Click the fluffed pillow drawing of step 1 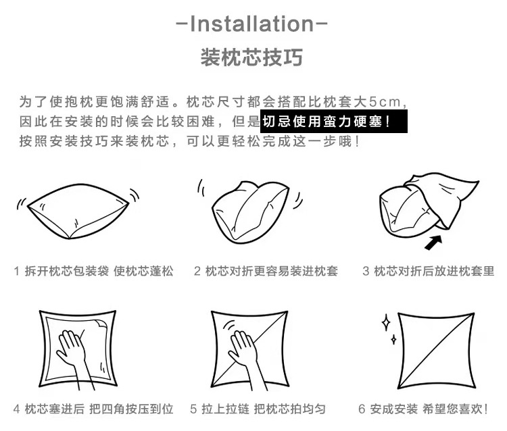(x=77, y=212)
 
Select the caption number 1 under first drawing (x=16, y=272)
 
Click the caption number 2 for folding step (x=197, y=272)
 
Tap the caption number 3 (x=366, y=272)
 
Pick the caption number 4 (x=16, y=409)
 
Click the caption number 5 (x=193, y=409)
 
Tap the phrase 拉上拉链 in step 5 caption (x=224, y=409)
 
